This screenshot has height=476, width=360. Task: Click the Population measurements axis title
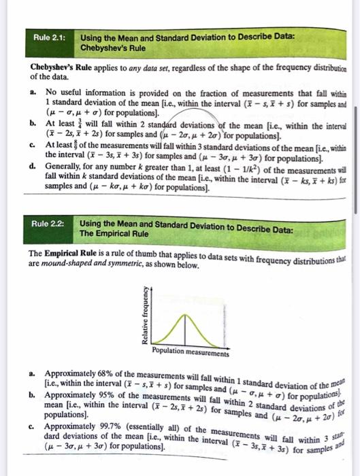[191, 352]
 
